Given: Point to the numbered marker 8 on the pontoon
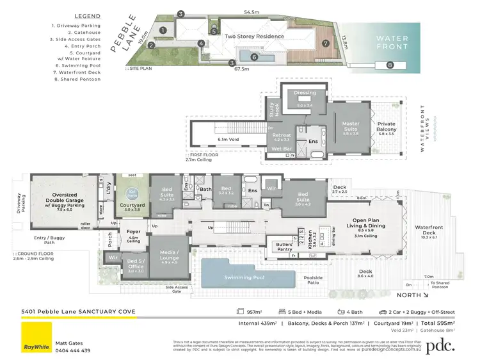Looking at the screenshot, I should [x=390, y=65].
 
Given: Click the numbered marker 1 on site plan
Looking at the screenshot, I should [x=163, y=29].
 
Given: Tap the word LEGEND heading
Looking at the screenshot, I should [x=87, y=15].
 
